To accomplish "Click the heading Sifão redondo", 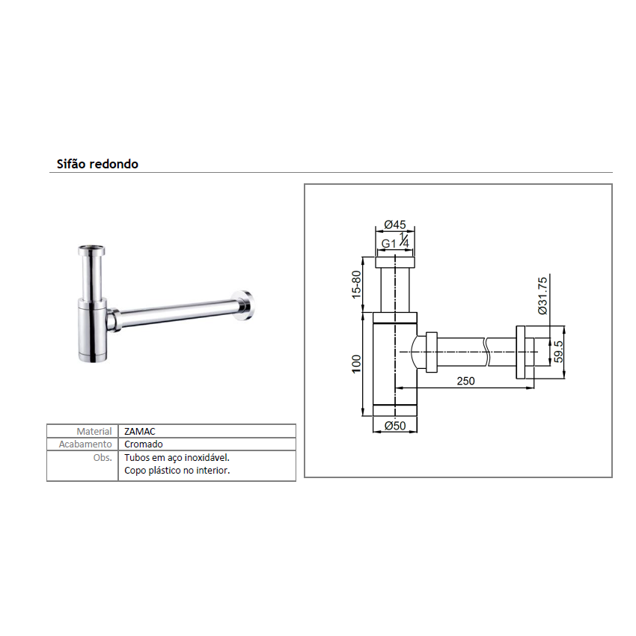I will click(97, 164).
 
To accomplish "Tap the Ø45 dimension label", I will click(394, 225).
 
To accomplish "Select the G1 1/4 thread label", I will click(394, 243).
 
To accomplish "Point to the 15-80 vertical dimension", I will click(356, 284).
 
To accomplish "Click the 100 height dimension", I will click(356, 364).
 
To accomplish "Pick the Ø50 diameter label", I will click(394, 426).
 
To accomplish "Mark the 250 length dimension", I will click(465, 381).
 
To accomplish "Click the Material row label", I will click(94, 432).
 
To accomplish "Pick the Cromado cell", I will click(144, 444).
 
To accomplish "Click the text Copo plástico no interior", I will click(177, 471).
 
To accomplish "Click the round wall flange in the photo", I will click(245, 305).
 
